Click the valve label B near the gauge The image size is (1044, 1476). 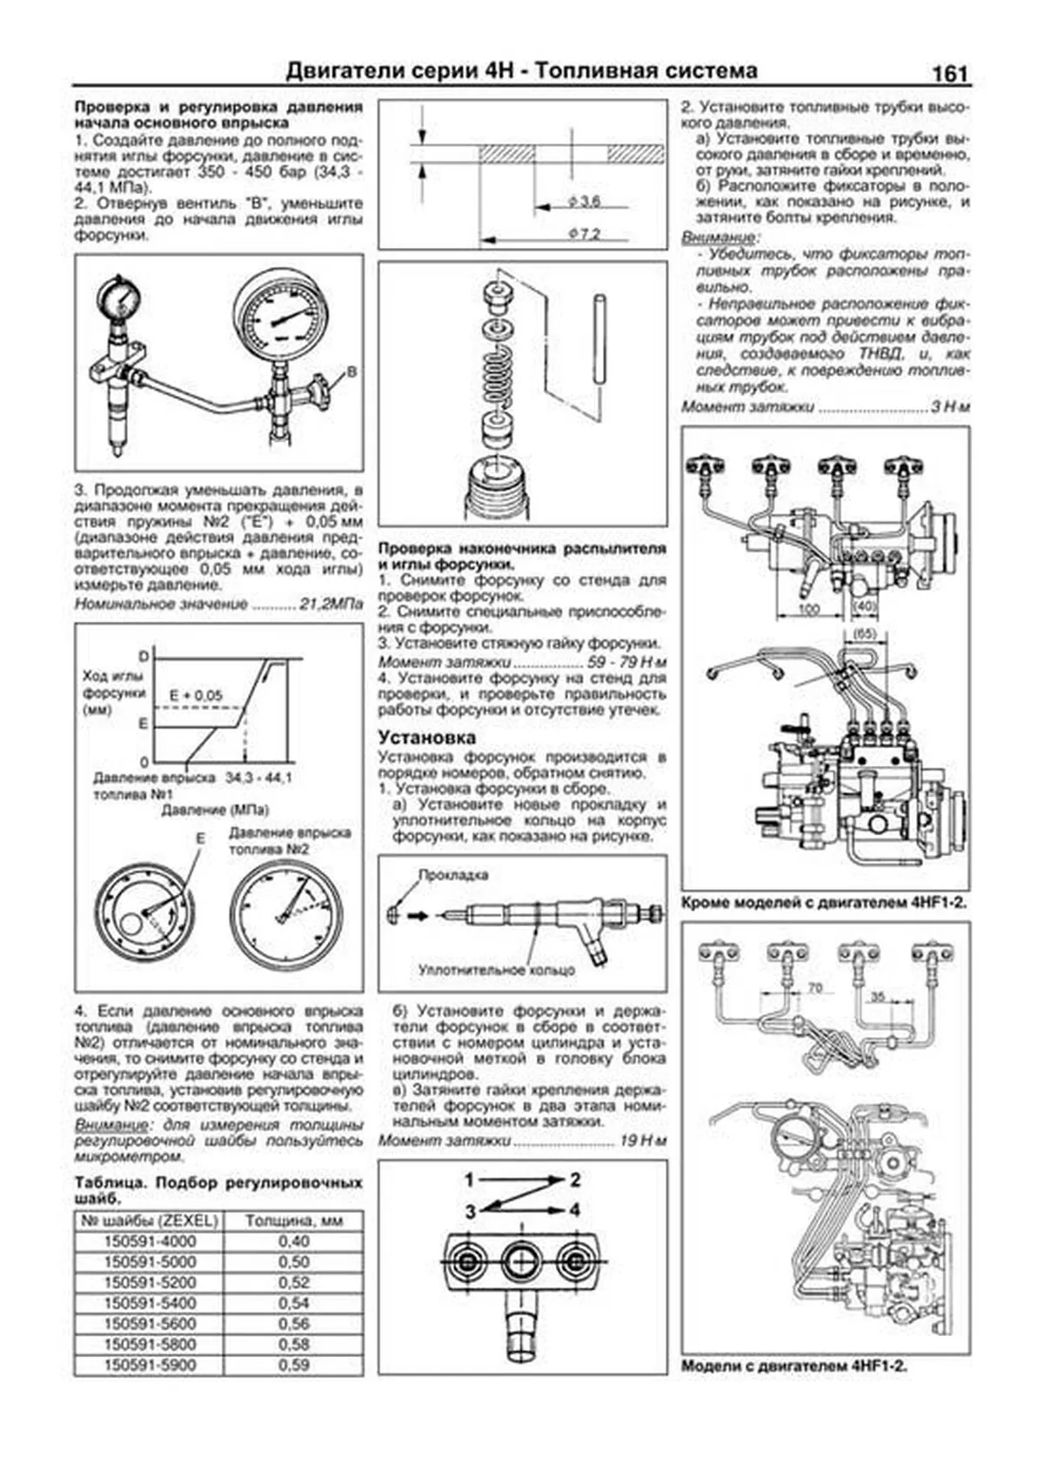(x=351, y=371)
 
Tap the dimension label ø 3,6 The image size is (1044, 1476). (x=585, y=202)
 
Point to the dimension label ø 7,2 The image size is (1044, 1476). (x=585, y=233)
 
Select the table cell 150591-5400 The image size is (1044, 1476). (x=150, y=1303)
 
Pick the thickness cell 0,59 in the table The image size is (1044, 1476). (x=294, y=1365)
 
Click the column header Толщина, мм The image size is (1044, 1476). (x=294, y=1220)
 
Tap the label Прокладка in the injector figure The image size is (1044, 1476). (x=453, y=875)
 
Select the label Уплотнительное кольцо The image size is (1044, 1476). (x=497, y=969)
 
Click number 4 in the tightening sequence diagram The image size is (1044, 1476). (x=575, y=1210)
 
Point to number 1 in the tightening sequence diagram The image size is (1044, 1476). (x=469, y=1180)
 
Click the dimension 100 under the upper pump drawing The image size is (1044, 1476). (x=809, y=610)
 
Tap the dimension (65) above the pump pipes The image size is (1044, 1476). (x=864, y=634)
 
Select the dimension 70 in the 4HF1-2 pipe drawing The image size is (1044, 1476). (x=814, y=988)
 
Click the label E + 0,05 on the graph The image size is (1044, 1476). (x=196, y=696)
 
